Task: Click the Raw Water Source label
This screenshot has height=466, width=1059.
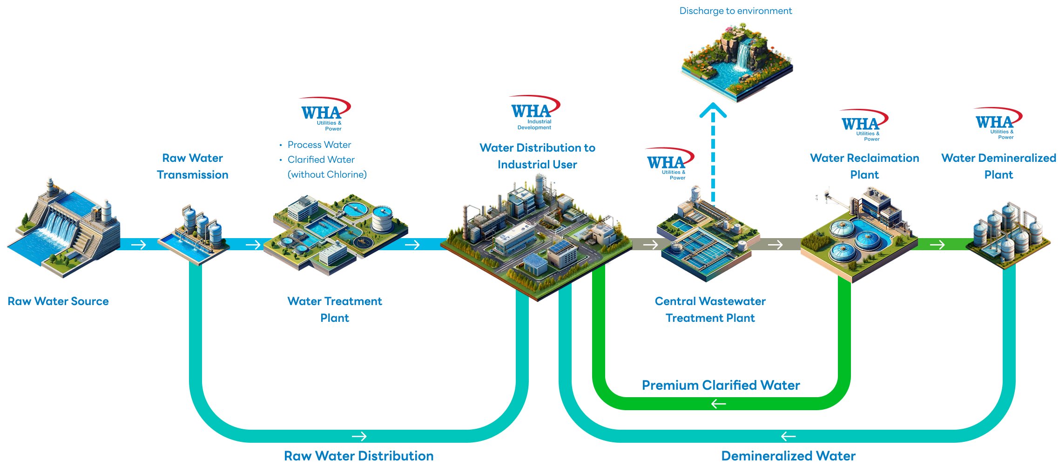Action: pyautogui.click(x=58, y=301)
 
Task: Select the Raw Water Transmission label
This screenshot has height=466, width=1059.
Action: pyautogui.click(x=192, y=166)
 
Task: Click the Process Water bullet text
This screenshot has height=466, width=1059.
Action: pyautogui.click(x=319, y=145)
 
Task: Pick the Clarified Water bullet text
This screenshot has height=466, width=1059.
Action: pyautogui.click(x=321, y=160)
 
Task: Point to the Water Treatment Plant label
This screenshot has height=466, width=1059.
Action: pyautogui.click(x=335, y=310)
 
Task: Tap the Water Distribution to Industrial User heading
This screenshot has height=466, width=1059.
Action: pyautogui.click(x=537, y=156)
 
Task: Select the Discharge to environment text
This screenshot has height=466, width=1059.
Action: pyautogui.click(x=735, y=11)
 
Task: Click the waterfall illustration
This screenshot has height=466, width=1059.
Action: pyautogui.click(x=737, y=60)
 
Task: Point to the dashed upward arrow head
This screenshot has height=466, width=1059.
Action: pyautogui.click(x=713, y=111)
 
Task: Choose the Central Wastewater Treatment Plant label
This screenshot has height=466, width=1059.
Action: pyautogui.click(x=710, y=310)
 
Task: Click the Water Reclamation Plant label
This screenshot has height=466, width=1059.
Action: pyautogui.click(x=864, y=166)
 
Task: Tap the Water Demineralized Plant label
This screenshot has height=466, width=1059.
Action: pyautogui.click(x=998, y=166)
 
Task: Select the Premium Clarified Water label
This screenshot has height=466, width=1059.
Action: pyautogui.click(x=721, y=385)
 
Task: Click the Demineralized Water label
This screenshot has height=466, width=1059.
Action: pyautogui.click(x=788, y=456)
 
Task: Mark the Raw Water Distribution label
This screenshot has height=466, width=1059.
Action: pyautogui.click(x=358, y=456)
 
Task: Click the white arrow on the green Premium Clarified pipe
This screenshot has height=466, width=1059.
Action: pyautogui.click(x=719, y=404)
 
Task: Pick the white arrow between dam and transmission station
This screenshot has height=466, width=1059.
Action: pyautogui.click(x=139, y=245)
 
